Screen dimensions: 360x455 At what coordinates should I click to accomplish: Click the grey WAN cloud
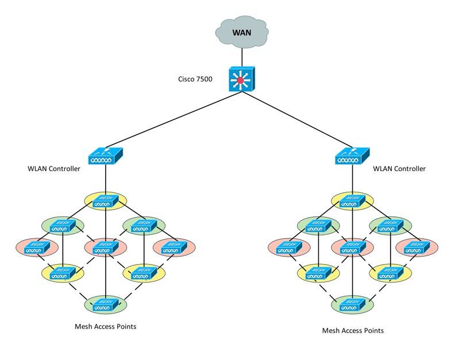pyautogui.click(x=241, y=31)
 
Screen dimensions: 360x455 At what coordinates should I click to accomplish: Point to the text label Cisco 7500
pyautogui.click(x=195, y=79)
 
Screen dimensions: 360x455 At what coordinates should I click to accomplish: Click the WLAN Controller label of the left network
pyautogui.click(x=53, y=169)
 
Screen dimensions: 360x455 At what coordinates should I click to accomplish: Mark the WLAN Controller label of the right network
pyautogui.click(x=399, y=169)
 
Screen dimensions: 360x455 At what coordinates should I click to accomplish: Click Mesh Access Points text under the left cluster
pyautogui.click(x=105, y=327)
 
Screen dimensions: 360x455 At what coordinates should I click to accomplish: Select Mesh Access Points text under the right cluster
pyautogui.click(x=352, y=331)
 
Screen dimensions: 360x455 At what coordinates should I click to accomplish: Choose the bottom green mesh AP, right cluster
pyautogui.click(x=352, y=304)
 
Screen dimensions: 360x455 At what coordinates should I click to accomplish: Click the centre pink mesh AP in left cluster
pyautogui.click(x=105, y=248)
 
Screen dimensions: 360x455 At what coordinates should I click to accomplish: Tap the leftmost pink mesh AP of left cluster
pyautogui.click(x=37, y=248)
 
